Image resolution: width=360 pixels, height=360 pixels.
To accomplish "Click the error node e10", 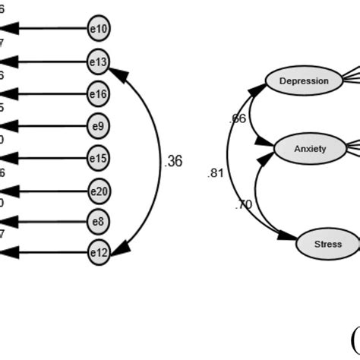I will click(x=99, y=30).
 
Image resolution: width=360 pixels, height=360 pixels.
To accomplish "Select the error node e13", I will click(x=99, y=62).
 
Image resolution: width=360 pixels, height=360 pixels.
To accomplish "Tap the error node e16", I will click(x=99, y=94).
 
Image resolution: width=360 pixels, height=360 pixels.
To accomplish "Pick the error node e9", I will click(x=99, y=126).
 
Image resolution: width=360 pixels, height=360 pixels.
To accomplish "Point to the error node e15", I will click(x=99, y=158).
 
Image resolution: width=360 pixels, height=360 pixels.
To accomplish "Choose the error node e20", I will click(x=99, y=190).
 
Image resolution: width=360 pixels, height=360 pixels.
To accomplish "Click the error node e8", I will click(x=99, y=222).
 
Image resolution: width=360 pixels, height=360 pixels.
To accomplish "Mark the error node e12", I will click(x=99, y=253).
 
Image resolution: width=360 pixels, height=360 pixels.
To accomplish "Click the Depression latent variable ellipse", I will click(x=304, y=81).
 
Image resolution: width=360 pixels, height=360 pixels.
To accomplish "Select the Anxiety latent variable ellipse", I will click(x=309, y=148).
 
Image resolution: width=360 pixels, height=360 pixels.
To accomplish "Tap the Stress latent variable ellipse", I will click(x=327, y=244).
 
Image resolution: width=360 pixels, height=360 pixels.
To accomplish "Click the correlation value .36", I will click(x=173, y=161).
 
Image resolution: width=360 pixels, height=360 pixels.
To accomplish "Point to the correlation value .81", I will click(x=216, y=173).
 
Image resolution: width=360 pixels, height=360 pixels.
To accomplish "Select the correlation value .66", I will click(x=238, y=119).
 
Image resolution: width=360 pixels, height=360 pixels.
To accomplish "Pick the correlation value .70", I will click(x=244, y=204).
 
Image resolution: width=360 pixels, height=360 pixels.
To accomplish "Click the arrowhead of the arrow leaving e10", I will click(x=9, y=30).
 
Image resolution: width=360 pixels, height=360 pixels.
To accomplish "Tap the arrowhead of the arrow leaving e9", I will click(x=9, y=126).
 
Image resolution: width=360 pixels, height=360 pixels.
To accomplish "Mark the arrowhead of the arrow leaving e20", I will click(x=9, y=190).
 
